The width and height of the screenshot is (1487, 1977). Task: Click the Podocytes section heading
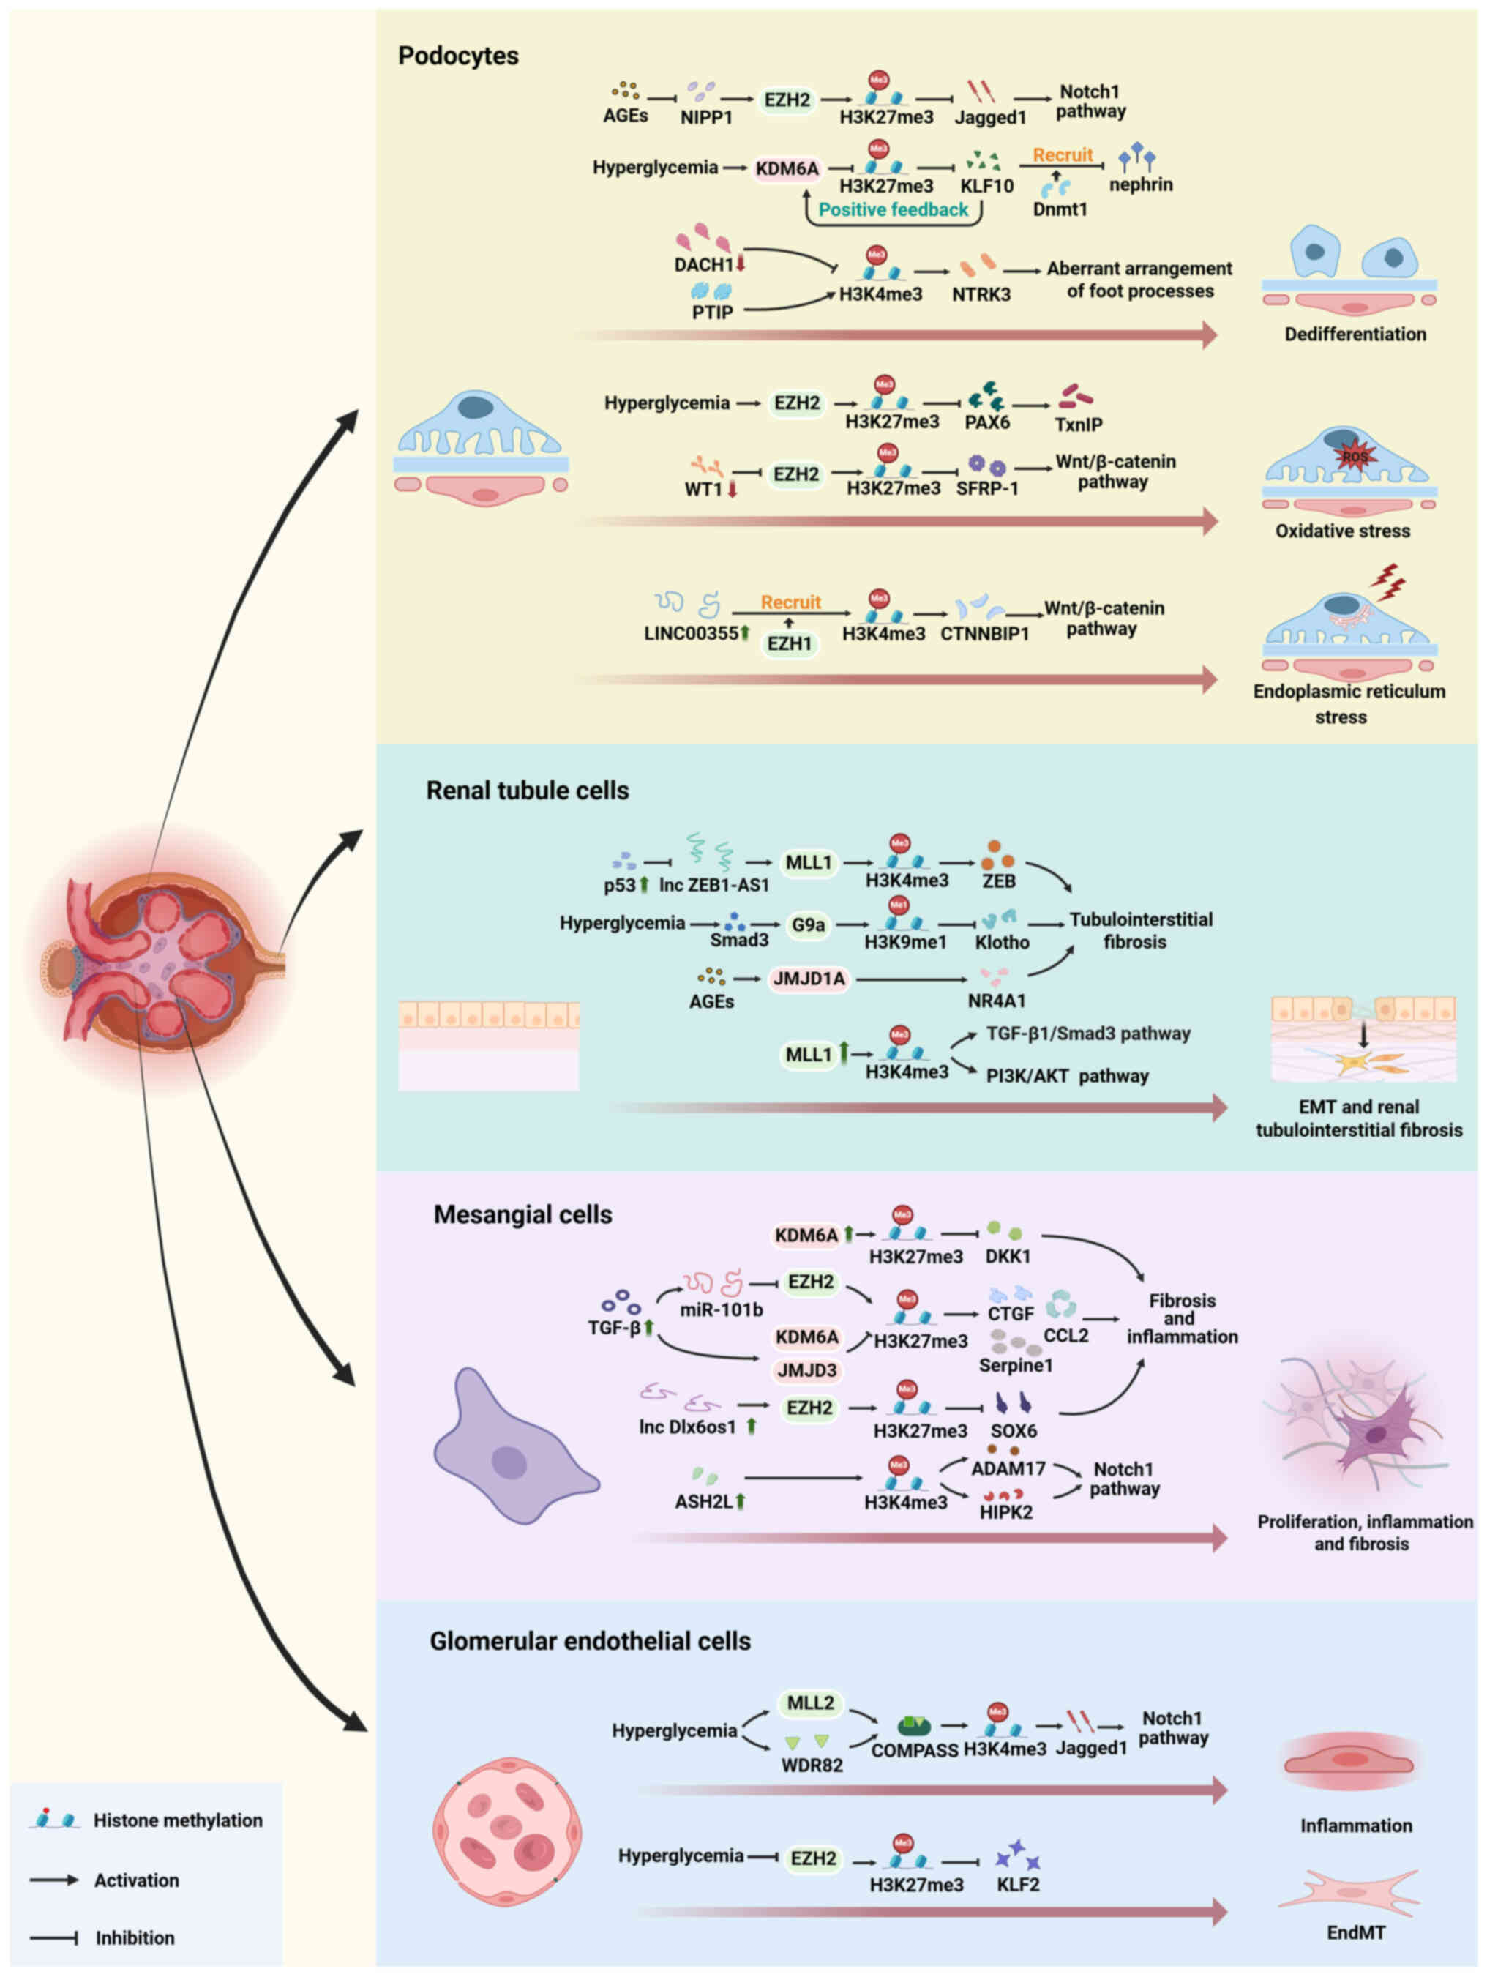[457, 56]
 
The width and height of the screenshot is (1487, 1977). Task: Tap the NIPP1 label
[706, 117]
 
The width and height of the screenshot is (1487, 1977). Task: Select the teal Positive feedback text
[893, 210]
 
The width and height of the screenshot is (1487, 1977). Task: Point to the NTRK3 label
[981, 294]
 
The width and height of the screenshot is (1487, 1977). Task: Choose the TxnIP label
[1078, 425]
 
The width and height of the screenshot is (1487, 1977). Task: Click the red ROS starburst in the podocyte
[1354, 457]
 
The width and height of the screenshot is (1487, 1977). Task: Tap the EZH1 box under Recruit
[789, 643]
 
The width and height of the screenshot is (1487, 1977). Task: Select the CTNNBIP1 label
[985, 634]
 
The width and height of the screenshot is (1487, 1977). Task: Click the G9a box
[808, 925]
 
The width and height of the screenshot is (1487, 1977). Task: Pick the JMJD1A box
[809, 979]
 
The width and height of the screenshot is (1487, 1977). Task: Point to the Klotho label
[1002, 942]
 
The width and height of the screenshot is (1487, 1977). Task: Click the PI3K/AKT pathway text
[1067, 1076]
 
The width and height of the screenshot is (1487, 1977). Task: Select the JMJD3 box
[807, 1370]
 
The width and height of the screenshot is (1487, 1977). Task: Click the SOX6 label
[1014, 1431]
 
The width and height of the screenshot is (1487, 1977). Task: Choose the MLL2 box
[811, 1703]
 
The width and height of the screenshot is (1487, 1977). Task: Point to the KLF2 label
[1018, 1885]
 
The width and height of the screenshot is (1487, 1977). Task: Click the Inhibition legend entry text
[135, 1937]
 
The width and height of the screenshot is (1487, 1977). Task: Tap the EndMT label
[1355, 1932]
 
